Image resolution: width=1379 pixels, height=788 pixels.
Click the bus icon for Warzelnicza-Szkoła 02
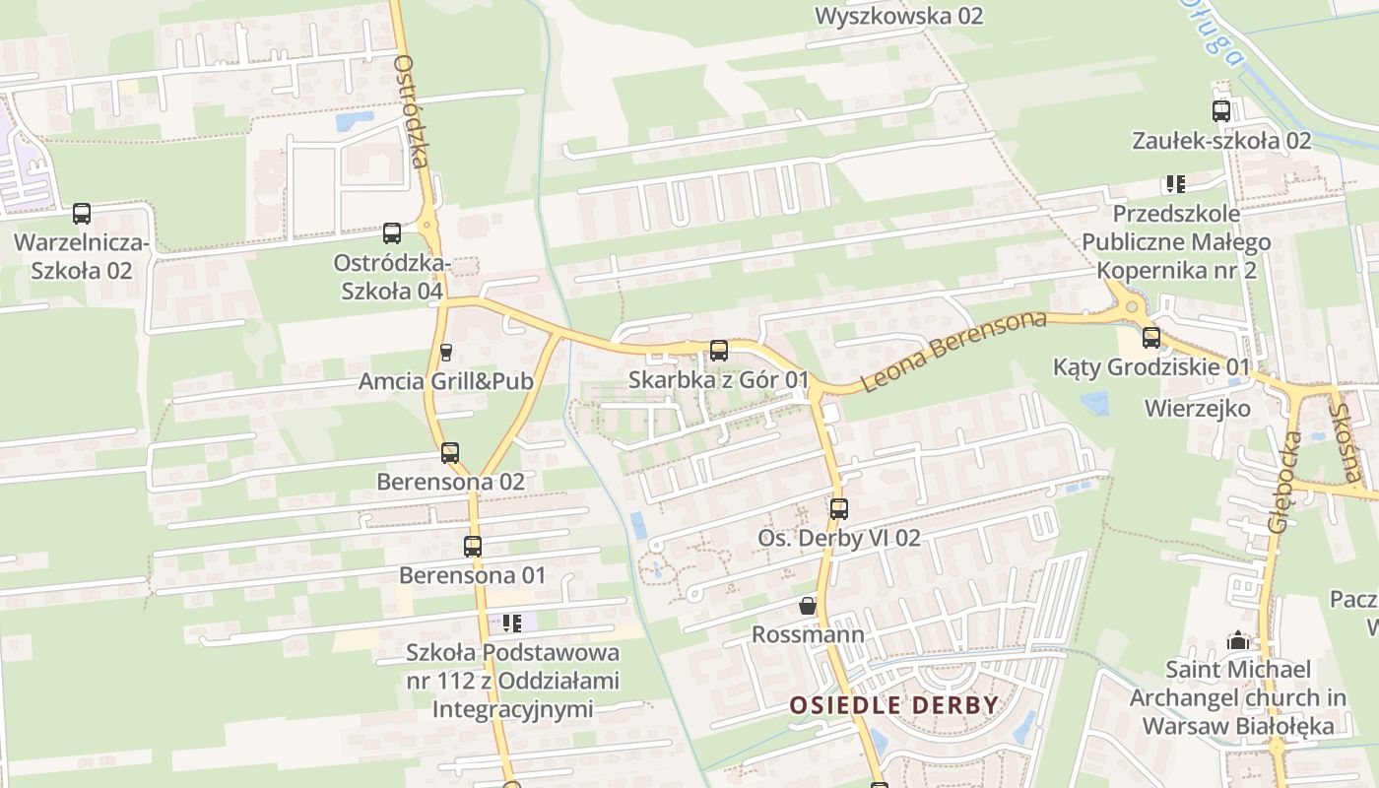tap(82, 213)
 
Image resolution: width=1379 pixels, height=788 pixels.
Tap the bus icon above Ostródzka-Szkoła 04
tap(392, 233)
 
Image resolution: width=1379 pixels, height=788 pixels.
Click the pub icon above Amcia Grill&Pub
tap(445, 352)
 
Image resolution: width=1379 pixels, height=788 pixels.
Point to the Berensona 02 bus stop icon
tap(450, 453)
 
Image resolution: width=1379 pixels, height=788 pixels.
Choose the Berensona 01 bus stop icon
tap(473, 546)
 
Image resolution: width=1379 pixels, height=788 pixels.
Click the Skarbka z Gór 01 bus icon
tap(719, 350)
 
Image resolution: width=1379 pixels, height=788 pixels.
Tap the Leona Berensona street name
tap(953, 352)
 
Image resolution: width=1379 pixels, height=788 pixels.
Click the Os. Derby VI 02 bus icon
tap(839, 508)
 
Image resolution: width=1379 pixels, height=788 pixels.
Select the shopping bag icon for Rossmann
tap(808, 605)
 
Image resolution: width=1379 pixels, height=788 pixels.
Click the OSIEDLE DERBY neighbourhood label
tap(894, 705)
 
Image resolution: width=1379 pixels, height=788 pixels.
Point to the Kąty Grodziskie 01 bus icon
tap(1151, 338)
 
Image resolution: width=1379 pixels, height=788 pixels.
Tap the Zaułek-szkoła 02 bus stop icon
tap(1221, 111)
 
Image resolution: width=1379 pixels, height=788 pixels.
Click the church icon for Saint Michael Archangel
tap(1238, 640)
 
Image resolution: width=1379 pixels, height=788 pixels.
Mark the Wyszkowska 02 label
tap(899, 16)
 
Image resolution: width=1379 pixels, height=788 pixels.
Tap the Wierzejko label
tap(1197, 408)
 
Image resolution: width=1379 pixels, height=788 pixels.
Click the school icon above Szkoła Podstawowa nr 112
tap(511, 623)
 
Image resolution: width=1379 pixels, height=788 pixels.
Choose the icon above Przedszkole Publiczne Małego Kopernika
tap(1175, 183)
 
